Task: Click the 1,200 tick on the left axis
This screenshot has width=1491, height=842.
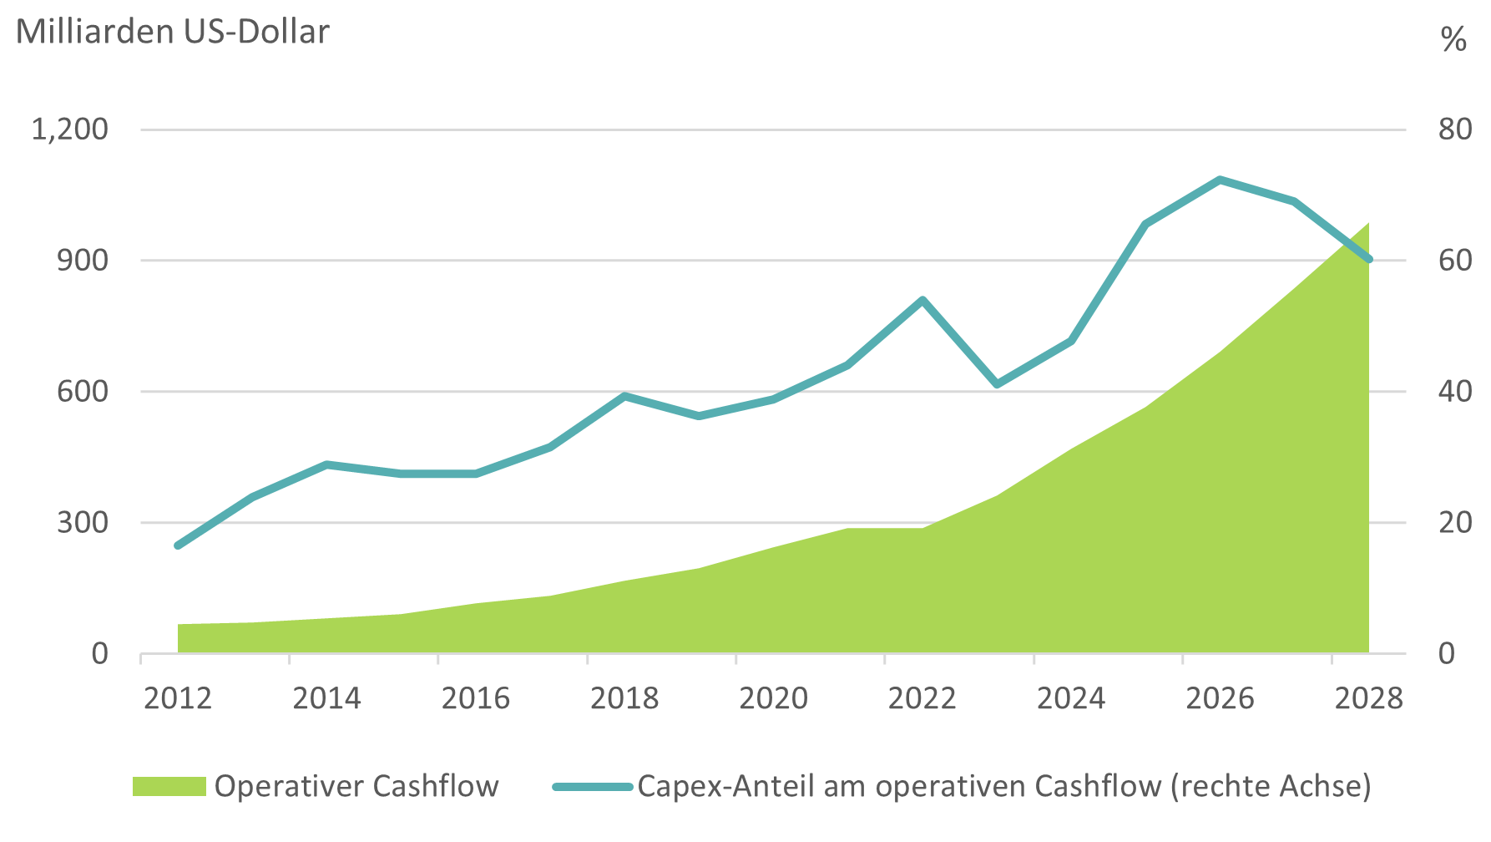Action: tap(70, 129)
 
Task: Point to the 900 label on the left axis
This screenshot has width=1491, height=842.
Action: tap(83, 261)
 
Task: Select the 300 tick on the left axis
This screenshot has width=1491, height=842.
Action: tap(83, 523)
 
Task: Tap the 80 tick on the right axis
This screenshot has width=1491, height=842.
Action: tap(1455, 129)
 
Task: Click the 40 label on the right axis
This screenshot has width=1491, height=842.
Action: tap(1455, 392)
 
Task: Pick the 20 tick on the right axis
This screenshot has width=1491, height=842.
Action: tap(1455, 523)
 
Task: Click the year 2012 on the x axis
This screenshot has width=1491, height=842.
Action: tap(178, 698)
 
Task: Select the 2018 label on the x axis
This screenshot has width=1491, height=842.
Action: tap(624, 698)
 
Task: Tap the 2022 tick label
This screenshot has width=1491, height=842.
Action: tap(922, 698)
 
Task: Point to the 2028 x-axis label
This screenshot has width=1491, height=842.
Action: tap(1369, 698)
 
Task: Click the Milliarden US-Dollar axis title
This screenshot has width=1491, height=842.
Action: tap(173, 32)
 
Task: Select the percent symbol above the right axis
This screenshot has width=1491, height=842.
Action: tap(1453, 39)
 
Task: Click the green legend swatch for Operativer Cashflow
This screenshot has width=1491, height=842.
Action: tap(169, 786)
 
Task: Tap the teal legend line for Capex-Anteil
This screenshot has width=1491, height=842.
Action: tap(592, 786)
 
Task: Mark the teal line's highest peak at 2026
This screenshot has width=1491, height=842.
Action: tap(1220, 180)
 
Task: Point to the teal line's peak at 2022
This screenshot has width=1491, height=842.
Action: tap(922, 300)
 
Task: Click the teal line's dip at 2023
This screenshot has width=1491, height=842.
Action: tap(997, 384)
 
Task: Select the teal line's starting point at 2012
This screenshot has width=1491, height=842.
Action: tap(178, 545)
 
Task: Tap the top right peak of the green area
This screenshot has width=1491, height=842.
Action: tap(1367, 224)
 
